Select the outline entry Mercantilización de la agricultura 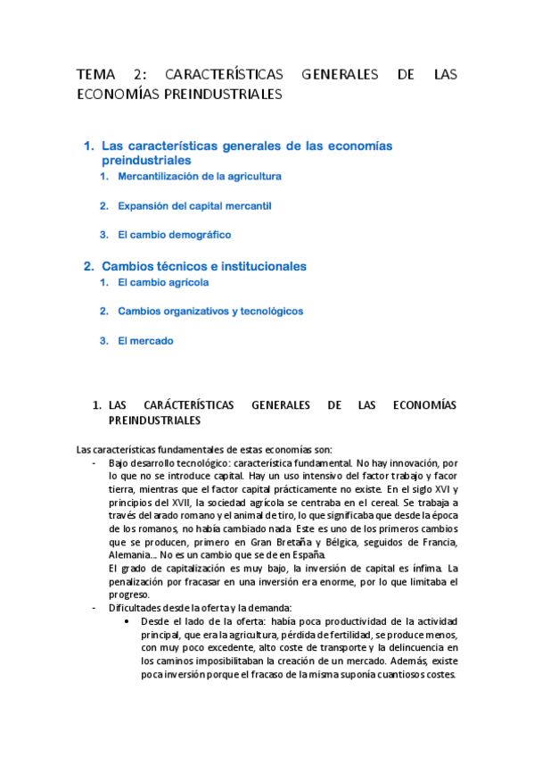(x=200, y=177)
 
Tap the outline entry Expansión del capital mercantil (x=194, y=205)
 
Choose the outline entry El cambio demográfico (x=175, y=235)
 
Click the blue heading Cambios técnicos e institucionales (x=204, y=266)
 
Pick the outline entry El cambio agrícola (x=163, y=282)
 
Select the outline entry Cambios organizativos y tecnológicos (x=210, y=312)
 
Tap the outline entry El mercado (x=145, y=340)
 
